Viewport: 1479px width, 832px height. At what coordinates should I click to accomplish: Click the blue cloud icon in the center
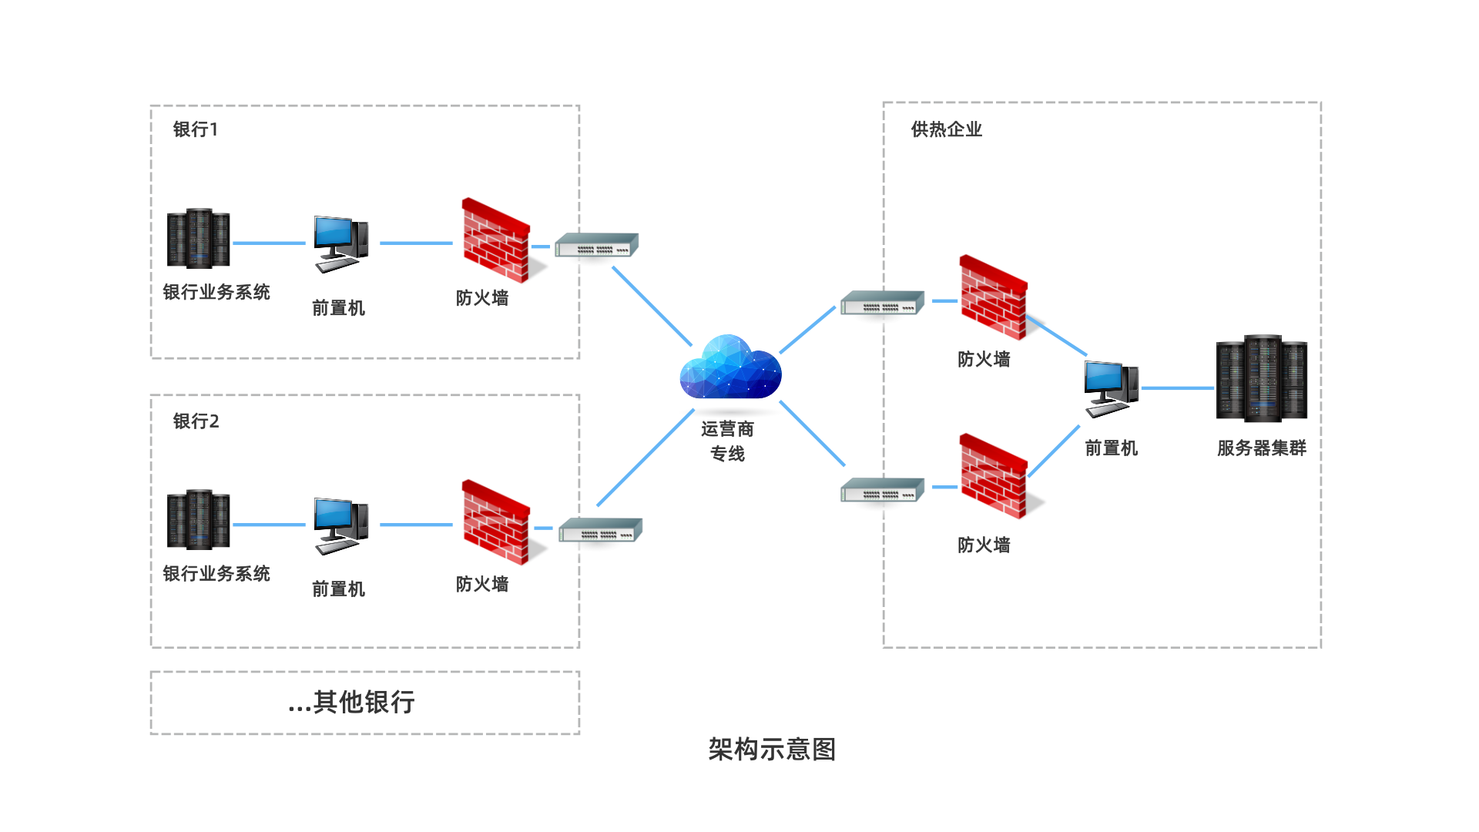(730, 368)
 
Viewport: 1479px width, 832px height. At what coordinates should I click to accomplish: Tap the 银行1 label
(195, 129)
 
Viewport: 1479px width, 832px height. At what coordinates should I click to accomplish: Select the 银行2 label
(196, 421)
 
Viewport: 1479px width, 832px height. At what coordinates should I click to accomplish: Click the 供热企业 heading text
(946, 129)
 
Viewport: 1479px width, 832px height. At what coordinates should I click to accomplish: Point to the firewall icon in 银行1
(497, 241)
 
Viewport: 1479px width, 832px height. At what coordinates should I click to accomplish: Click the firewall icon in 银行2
(497, 523)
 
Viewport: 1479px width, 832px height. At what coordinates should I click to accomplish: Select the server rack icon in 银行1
(198, 238)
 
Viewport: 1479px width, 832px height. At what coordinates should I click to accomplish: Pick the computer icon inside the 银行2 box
(340, 525)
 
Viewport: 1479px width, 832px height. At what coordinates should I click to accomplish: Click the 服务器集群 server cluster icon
(1261, 378)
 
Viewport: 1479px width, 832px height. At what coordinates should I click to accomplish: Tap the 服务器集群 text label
(1261, 448)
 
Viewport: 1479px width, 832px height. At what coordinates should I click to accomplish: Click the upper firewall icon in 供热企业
(993, 298)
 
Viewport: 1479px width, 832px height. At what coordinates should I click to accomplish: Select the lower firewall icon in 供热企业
(993, 477)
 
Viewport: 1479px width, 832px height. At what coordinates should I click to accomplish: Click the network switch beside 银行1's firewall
(597, 246)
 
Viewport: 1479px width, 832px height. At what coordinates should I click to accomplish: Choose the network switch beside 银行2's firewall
(600, 531)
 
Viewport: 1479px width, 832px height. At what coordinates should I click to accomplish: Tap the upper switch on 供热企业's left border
(882, 304)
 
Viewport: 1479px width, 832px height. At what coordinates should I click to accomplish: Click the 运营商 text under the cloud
(727, 429)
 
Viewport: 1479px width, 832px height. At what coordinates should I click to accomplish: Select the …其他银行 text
(351, 703)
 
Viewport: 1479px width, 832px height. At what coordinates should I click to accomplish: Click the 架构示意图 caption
(772, 750)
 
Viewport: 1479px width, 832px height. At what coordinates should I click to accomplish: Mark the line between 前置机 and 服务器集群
(1177, 388)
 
